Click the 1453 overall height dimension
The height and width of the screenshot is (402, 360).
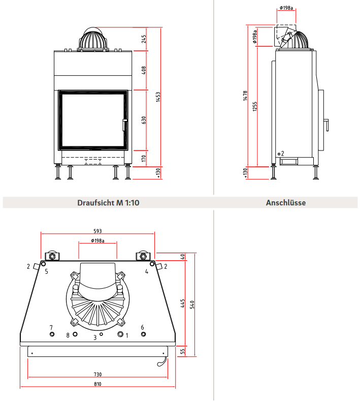[158, 97]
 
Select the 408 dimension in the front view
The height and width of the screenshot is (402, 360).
[144, 70]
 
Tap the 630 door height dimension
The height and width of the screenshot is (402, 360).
[144, 120]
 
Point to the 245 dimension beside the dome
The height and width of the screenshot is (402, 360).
[144, 39]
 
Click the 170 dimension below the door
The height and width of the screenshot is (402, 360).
[144, 158]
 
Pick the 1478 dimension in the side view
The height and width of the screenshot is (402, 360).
[245, 96]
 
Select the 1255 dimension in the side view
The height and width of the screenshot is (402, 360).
[255, 106]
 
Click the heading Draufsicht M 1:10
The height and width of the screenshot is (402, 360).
[108, 203]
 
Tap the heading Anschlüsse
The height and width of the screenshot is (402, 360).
[286, 203]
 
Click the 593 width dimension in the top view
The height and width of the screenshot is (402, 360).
[97, 231]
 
